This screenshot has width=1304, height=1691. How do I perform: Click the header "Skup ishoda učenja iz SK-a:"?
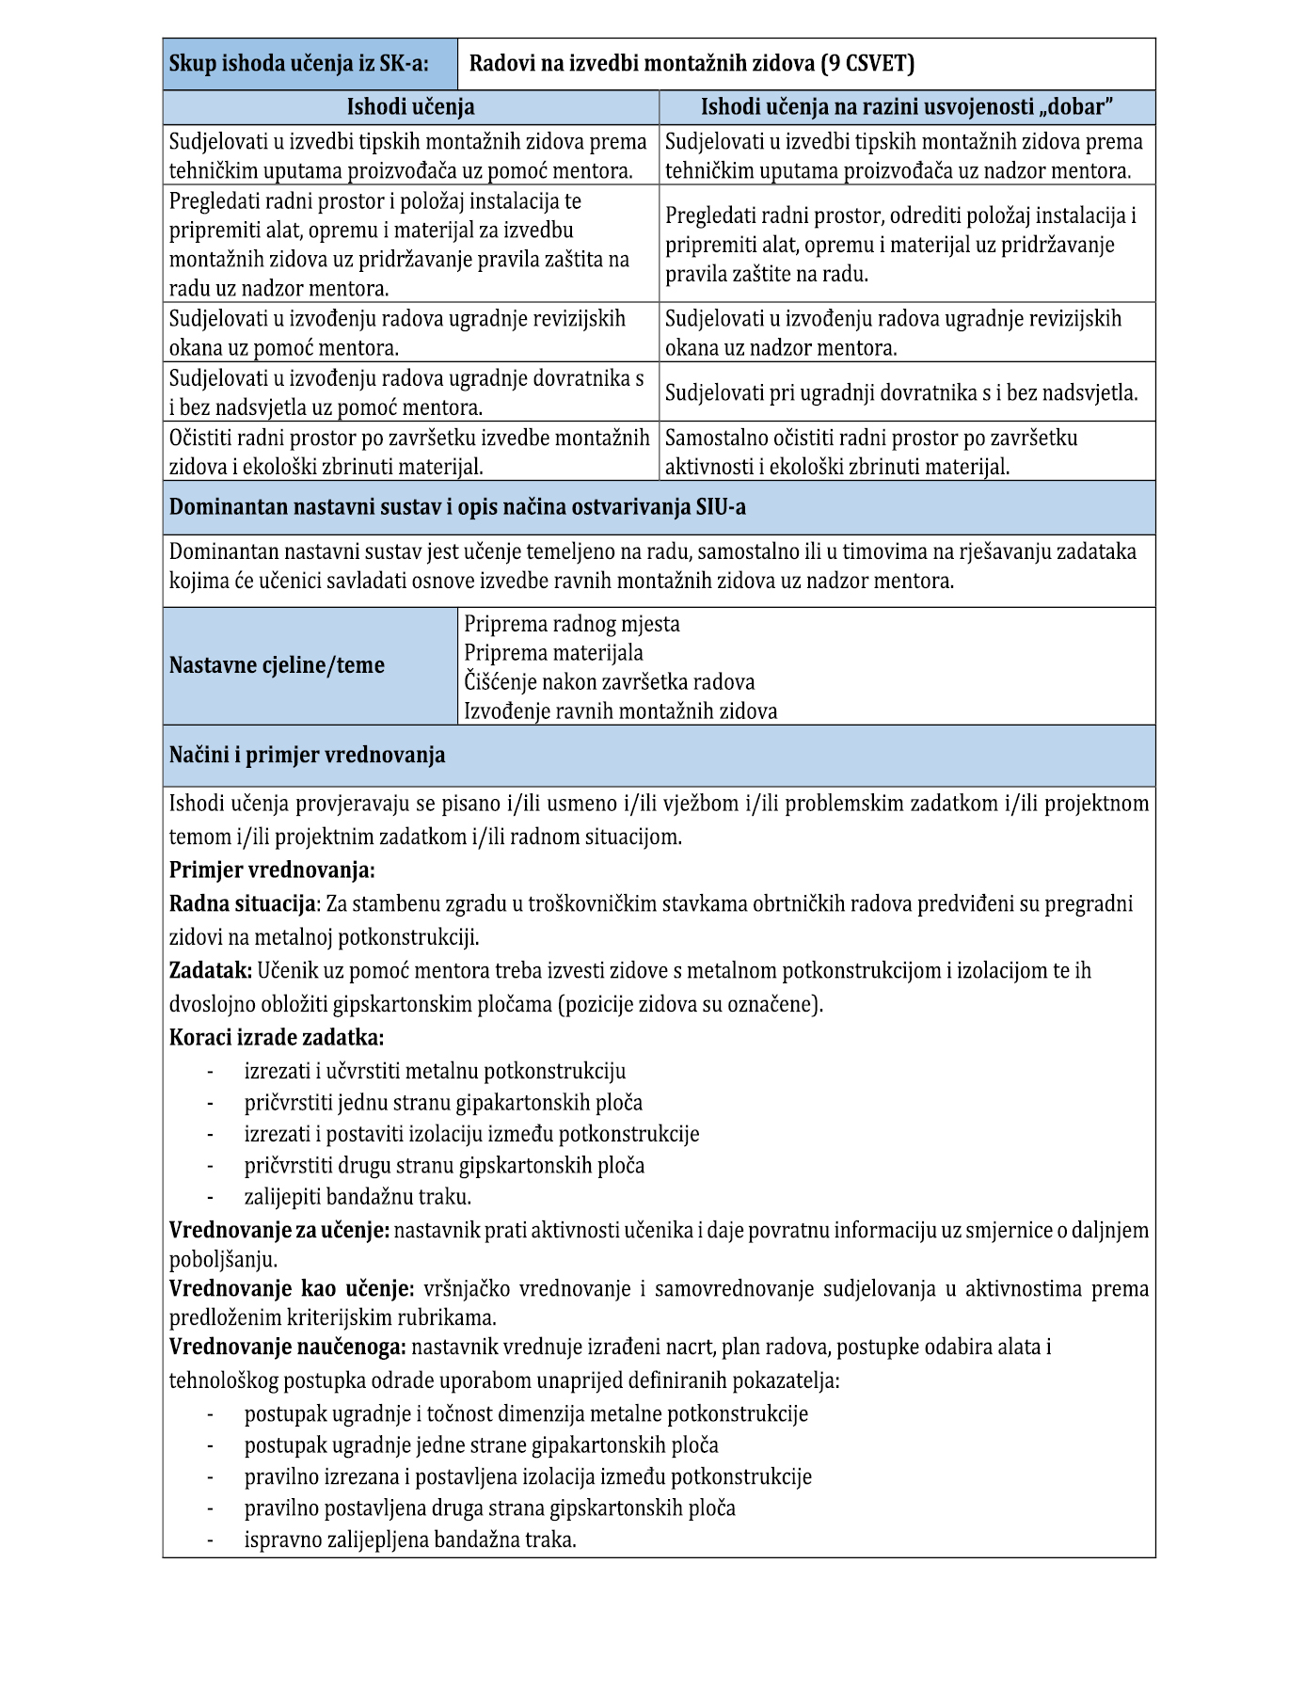tap(298, 64)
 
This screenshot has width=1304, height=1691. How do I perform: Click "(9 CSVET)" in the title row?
tap(867, 64)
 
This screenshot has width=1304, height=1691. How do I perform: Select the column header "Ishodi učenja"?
tap(410, 107)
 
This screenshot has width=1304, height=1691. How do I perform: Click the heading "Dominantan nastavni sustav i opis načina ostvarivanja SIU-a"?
tap(457, 507)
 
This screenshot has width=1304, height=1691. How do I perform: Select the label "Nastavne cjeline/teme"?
tap(277, 665)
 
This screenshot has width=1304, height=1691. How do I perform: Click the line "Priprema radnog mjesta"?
tap(571, 624)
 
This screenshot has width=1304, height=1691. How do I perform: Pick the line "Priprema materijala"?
tap(553, 653)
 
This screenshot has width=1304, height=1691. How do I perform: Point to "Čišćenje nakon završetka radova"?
tap(609, 681)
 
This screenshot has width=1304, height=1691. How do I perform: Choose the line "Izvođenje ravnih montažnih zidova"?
tap(620, 710)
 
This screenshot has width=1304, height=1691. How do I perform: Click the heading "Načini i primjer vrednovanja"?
tap(307, 755)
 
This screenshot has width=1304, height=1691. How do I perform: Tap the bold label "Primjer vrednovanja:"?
tap(272, 869)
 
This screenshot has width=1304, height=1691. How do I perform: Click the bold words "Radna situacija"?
tap(243, 903)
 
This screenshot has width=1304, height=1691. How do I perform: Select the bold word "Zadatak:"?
tap(210, 970)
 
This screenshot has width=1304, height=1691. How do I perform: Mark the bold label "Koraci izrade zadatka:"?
tap(277, 1037)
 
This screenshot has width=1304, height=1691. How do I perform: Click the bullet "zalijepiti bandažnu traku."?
tap(358, 1197)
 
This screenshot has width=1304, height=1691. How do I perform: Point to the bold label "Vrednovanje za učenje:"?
tap(278, 1230)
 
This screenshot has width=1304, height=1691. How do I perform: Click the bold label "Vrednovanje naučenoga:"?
tap(287, 1347)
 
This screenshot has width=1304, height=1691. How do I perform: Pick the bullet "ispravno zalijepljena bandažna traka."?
tap(410, 1539)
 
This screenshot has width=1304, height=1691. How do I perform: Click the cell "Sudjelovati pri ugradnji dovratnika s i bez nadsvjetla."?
tap(901, 392)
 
